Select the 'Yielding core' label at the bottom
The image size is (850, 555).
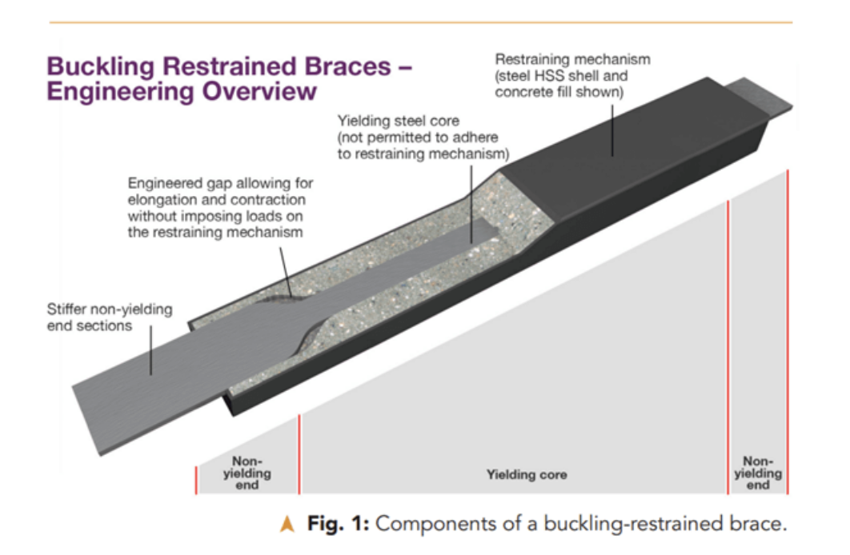tap(527, 475)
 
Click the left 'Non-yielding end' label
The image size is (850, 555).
tap(247, 473)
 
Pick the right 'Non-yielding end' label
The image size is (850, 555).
tap(758, 473)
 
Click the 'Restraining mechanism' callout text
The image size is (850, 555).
tap(572, 76)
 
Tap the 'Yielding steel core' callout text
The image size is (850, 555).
tap(423, 138)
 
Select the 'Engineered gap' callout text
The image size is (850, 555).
tap(220, 208)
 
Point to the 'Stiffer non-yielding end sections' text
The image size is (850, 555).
tap(110, 317)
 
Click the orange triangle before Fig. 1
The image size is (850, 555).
tap(287, 524)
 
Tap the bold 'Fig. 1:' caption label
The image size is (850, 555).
tap(339, 524)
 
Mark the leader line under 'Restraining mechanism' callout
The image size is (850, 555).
tap(612, 130)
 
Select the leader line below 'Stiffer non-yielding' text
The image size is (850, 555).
tap(150, 349)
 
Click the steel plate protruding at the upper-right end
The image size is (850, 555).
tap(759, 98)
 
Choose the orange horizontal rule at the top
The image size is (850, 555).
tap(421, 22)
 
